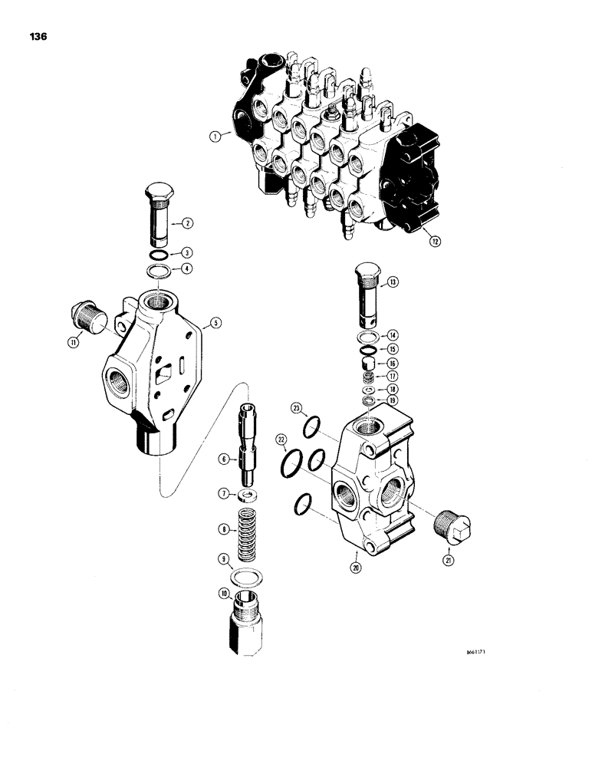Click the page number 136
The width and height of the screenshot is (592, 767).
coord(37,35)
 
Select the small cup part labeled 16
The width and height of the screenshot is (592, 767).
coord(367,363)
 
